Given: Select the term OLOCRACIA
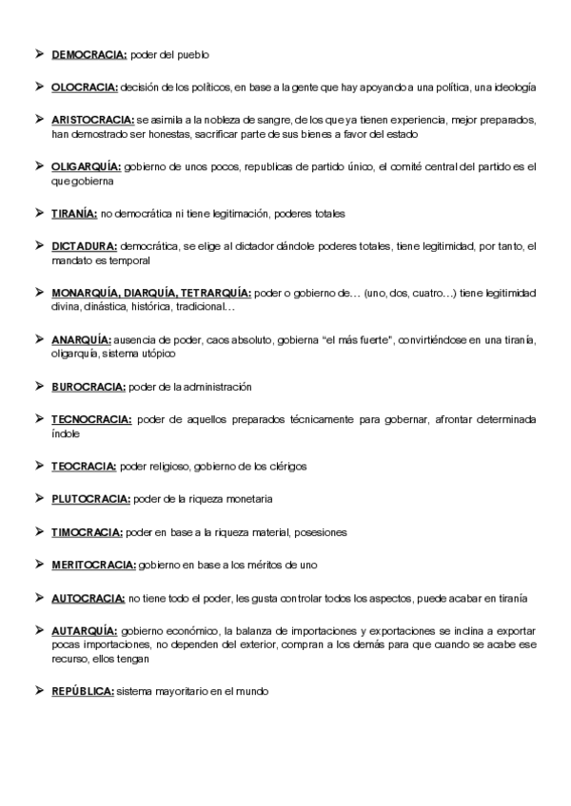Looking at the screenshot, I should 85,87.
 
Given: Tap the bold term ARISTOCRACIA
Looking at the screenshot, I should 92,121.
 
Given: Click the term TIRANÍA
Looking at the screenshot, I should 73,213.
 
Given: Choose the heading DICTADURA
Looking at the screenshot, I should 84,246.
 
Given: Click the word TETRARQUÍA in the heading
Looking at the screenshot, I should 214,292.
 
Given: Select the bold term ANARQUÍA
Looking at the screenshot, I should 81,339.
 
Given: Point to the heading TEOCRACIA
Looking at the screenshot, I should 84,466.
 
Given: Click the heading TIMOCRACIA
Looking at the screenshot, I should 87,531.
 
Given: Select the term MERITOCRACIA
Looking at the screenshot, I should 93,565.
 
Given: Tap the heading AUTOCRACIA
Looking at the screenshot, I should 88,598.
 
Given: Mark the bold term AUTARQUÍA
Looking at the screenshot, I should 84,631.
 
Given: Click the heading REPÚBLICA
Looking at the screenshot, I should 83,691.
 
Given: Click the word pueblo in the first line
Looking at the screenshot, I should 192,55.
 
